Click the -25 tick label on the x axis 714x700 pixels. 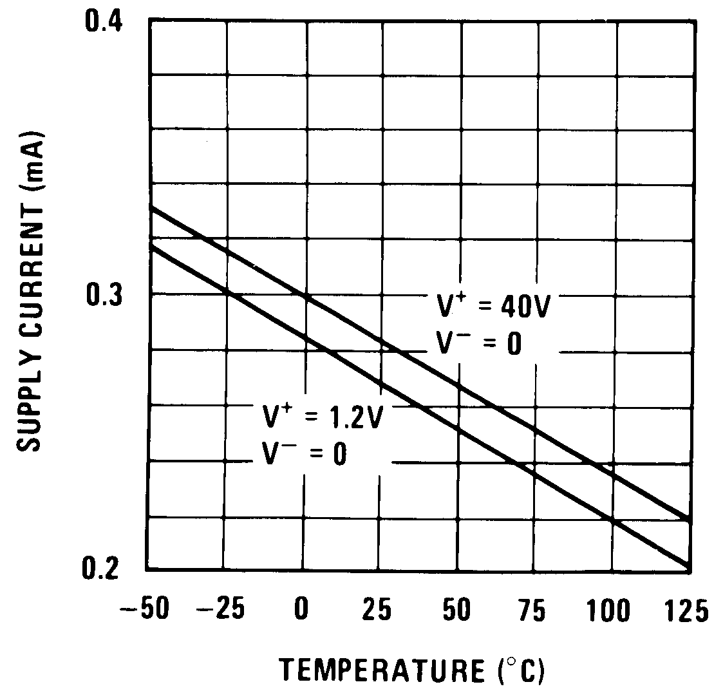tap(222, 609)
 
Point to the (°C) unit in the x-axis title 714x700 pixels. tap(520, 672)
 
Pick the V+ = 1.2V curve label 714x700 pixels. tap(322, 417)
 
